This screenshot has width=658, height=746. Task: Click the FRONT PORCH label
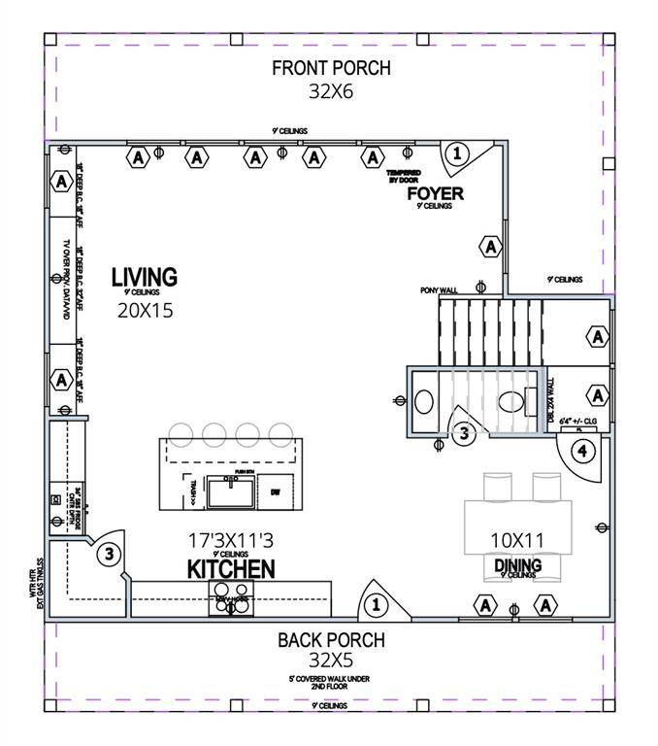pyautogui.click(x=331, y=68)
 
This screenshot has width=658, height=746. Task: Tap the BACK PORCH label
pyautogui.click(x=331, y=640)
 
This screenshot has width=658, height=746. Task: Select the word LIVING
pyautogui.click(x=144, y=277)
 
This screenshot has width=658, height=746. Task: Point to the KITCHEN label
pyautogui.click(x=231, y=568)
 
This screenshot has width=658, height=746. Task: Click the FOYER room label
pyautogui.click(x=435, y=194)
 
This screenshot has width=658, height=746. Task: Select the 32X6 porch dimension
pyautogui.click(x=331, y=91)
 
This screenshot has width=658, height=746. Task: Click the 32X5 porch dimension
pyautogui.click(x=331, y=661)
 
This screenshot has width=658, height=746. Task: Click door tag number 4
pyautogui.click(x=582, y=451)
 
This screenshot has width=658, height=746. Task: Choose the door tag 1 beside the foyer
pyautogui.click(x=457, y=153)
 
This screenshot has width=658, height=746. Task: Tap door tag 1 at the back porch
pyautogui.click(x=375, y=605)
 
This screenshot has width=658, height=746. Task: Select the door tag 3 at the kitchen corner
pyautogui.click(x=110, y=555)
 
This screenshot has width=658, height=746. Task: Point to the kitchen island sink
pyautogui.click(x=232, y=492)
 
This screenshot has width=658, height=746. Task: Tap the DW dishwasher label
pyautogui.click(x=275, y=491)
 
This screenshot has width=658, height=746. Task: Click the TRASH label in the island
pyautogui.click(x=193, y=493)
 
